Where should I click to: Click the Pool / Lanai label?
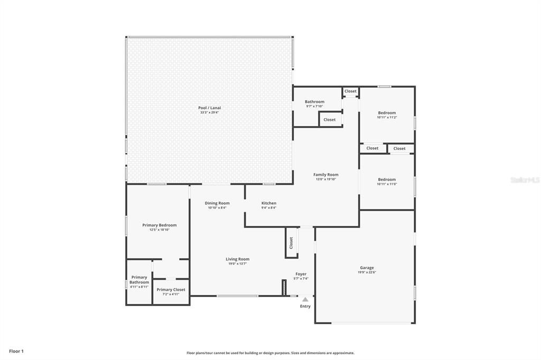(209, 108)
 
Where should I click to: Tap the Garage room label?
(367, 268)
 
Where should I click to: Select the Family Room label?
(325, 175)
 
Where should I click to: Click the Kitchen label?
(268, 203)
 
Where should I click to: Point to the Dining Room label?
(217, 203)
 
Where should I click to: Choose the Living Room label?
(237, 259)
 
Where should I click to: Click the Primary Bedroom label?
(159, 225)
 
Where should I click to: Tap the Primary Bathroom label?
(139, 280)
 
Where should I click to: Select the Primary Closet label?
(171, 290)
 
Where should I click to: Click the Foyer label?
(301, 274)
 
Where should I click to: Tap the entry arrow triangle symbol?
(305, 299)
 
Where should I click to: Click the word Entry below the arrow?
(305, 306)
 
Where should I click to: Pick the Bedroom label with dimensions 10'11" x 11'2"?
(386, 113)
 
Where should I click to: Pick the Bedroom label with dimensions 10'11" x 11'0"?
(386, 179)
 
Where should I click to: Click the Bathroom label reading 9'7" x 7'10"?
(314, 102)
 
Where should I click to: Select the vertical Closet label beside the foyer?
(291, 243)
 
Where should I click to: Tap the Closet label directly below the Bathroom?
(329, 120)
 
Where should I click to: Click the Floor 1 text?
(16, 351)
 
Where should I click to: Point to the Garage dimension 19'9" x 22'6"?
(367, 272)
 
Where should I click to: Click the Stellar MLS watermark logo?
(525, 180)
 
